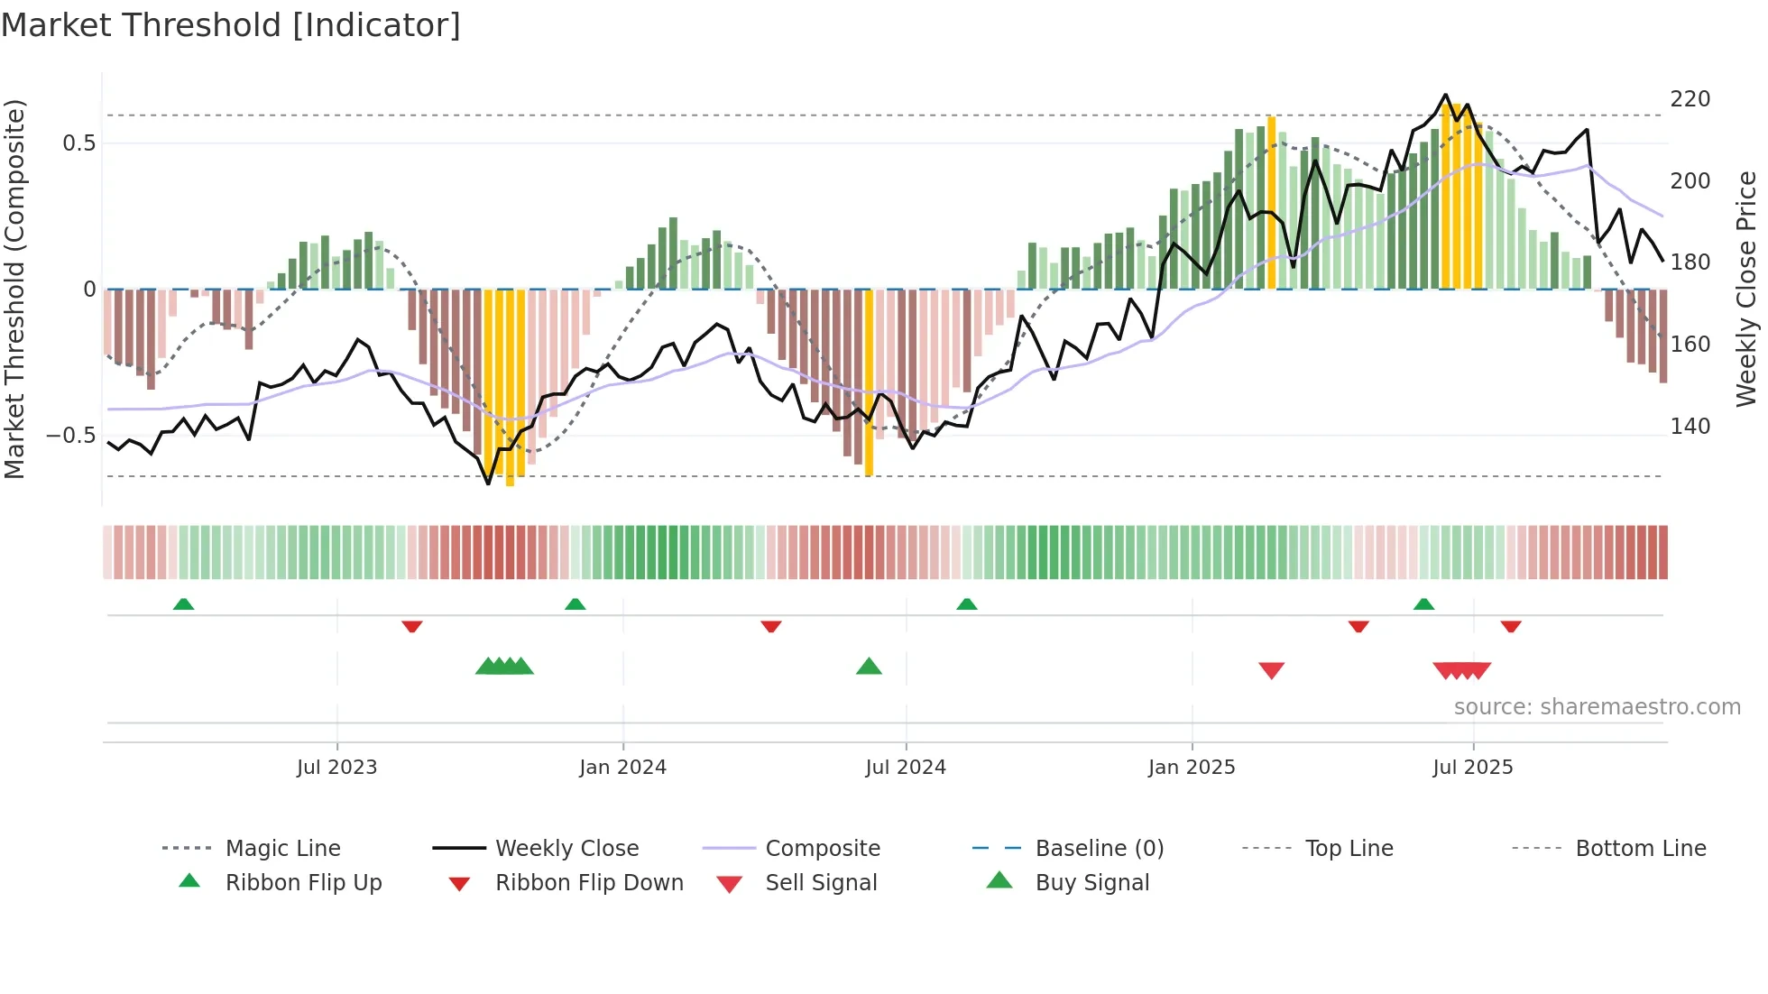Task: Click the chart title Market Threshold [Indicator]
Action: pos(231,25)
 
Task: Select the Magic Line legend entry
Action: pos(282,849)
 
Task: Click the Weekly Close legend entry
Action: pos(566,849)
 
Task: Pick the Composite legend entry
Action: pos(822,849)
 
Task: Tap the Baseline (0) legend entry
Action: pos(1099,849)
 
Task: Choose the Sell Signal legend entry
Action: pos(820,883)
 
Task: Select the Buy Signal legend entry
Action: pos(1091,883)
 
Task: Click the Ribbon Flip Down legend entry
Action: pos(588,883)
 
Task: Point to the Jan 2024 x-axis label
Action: pos(622,768)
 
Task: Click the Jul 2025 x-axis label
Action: pos(1472,768)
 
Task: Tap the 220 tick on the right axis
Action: pos(1690,99)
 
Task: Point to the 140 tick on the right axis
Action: pos(1690,427)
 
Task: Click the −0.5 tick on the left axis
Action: pos(70,436)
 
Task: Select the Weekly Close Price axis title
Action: pos(1746,289)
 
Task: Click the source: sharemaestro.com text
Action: pos(1597,707)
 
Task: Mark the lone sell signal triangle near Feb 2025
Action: pos(1271,670)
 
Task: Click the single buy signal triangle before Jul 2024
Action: pos(869,667)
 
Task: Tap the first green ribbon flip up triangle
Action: pos(183,603)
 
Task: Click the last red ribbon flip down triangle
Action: pos(1511,626)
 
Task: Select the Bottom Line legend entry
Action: pos(1640,849)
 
